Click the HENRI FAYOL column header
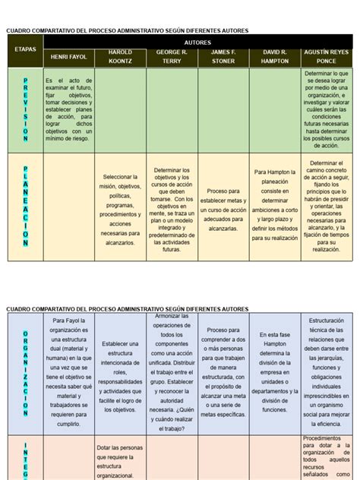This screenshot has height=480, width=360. pyautogui.click(x=69, y=57)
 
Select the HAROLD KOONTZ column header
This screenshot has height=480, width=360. pyautogui.click(x=120, y=57)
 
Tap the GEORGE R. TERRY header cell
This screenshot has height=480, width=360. pyautogui.click(x=172, y=57)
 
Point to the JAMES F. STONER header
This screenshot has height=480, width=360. pyautogui.click(x=223, y=57)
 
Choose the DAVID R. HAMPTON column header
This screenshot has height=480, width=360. pyautogui.click(x=274, y=57)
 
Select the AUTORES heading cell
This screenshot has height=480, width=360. pyautogui.click(x=197, y=43)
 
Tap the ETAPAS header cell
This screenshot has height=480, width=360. pyautogui.click(x=25, y=49)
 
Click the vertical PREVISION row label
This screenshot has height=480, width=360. pyautogui.click(x=25, y=110)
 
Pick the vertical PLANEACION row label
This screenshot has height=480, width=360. pyautogui.click(x=25, y=206)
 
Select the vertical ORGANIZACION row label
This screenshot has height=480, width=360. pyautogui.click(x=25, y=372)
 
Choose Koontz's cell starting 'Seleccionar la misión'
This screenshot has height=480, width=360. pyautogui.click(x=120, y=209)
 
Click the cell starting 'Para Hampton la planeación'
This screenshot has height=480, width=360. pyautogui.click(x=274, y=205)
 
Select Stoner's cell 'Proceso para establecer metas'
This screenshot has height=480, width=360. pyautogui.click(x=223, y=209)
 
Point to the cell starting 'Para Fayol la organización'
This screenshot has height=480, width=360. pyautogui.click(x=69, y=372)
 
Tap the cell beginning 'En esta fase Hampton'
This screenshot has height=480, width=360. pyautogui.click(x=274, y=372)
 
